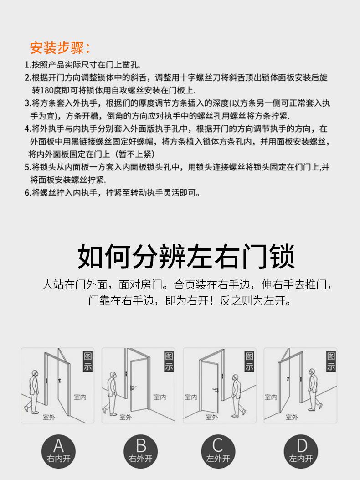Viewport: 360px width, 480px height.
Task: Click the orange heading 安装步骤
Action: [60, 47]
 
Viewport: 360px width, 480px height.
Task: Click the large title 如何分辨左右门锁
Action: [186, 257]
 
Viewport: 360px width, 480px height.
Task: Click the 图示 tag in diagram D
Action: [331, 361]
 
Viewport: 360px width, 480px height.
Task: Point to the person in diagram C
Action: [237, 395]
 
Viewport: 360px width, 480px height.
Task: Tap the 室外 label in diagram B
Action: [126, 417]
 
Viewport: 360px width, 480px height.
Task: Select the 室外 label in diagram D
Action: [292, 417]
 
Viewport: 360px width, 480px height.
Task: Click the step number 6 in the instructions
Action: [27, 193]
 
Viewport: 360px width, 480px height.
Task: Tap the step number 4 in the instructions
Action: [27, 129]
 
